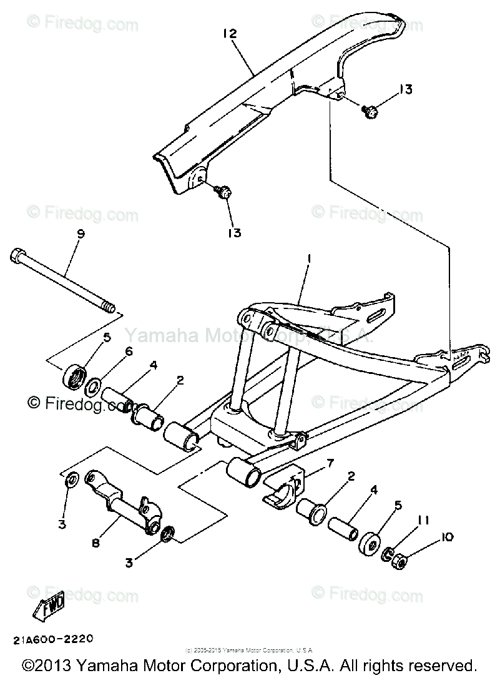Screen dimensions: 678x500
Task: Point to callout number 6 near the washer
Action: coord(129,351)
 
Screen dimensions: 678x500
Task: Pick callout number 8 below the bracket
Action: coord(96,544)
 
